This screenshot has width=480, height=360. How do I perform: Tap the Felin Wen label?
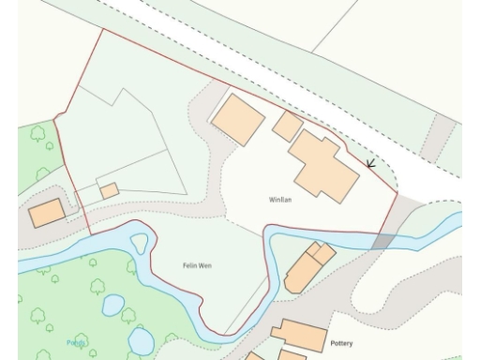197,266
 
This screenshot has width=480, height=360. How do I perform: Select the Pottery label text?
341,344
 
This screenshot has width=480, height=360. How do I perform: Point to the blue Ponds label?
76,343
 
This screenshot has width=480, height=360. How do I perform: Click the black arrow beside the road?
370,164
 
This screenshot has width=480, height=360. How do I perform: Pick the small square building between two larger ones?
288,125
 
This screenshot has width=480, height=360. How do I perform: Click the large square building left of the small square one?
238,119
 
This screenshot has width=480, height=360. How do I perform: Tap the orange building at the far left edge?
46,214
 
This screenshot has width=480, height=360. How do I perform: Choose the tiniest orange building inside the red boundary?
109,191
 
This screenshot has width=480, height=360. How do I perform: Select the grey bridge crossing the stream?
382,241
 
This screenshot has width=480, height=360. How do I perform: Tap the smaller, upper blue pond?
112,305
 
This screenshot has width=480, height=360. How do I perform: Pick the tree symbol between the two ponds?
128,316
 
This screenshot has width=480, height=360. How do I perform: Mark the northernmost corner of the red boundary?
101,29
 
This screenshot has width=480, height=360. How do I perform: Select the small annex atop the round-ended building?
322,252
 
